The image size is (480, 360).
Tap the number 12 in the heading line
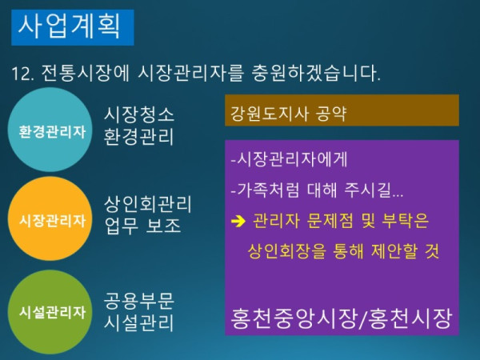[21, 74]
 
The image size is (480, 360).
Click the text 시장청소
[138, 114]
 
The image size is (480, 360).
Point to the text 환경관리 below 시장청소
[138, 137]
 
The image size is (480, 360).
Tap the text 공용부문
[138, 301]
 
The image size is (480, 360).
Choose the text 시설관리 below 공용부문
[138, 323]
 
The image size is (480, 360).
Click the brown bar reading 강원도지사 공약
[342, 110]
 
